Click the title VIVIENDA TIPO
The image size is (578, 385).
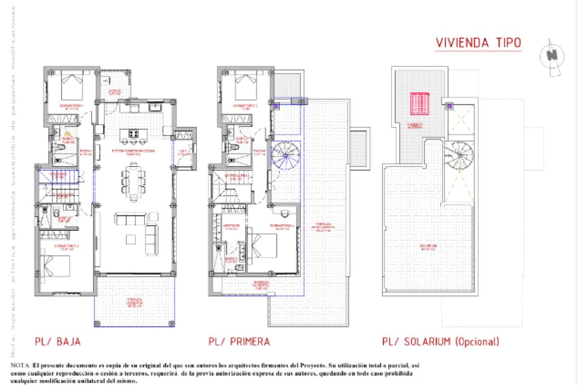[x=478, y=42]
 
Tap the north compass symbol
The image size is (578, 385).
[x=552, y=56]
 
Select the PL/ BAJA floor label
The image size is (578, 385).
[x=57, y=342]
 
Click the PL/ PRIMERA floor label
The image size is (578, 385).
[x=239, y=342]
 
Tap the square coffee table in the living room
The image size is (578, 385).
[x=131, y=239]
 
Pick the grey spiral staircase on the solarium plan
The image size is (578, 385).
[x=459, y=155]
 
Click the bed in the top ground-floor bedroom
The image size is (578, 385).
[x=72, y=87]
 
